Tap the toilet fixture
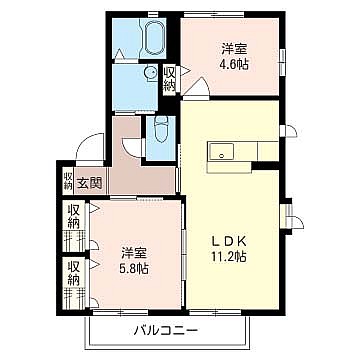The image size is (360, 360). coord(161,130)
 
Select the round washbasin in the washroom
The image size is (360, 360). coord(151,71)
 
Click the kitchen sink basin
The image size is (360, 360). coord(221,152)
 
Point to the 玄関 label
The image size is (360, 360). coord(89,183)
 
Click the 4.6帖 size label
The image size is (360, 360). coord(234,65)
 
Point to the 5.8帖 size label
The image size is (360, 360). coord(134,268)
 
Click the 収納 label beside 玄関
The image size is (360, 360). coord(68,180)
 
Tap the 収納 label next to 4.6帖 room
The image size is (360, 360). coord(169,79)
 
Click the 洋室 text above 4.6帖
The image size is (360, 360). coord(234,49)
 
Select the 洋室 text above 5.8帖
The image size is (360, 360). coord(134,252)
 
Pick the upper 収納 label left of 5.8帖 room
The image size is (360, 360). coord(74,217)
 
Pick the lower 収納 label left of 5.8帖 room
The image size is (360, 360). coord(74,273)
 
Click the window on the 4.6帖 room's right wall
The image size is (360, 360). coord(283,61)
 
